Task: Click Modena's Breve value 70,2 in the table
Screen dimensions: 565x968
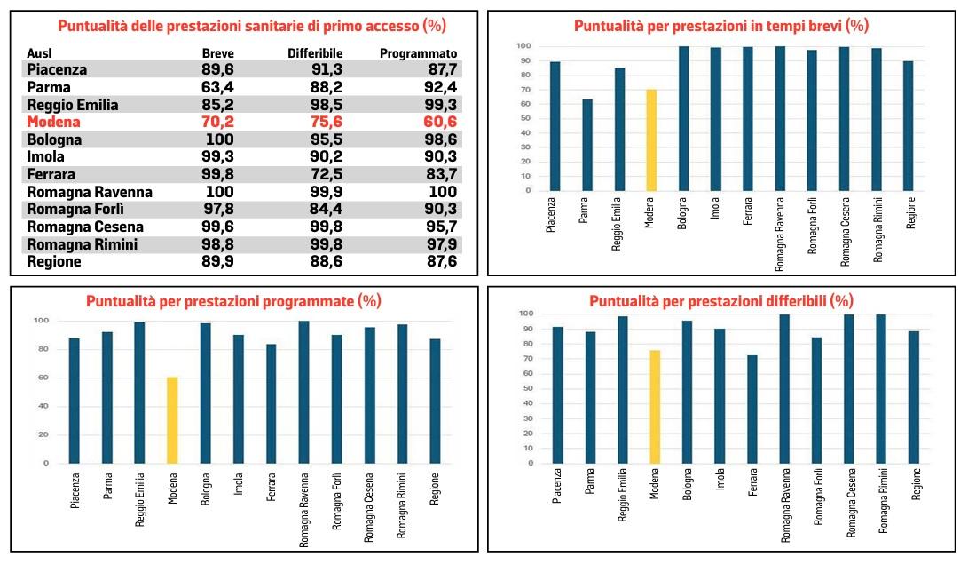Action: [x=218, y=123]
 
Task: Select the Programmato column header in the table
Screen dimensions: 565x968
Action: [x=419, y=53]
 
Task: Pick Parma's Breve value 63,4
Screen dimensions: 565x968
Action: [x=218, y=88]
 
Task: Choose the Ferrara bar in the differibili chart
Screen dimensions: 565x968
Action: [x=752, y=410]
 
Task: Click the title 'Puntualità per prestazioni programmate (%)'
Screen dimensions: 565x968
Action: [x=233, y=301]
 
